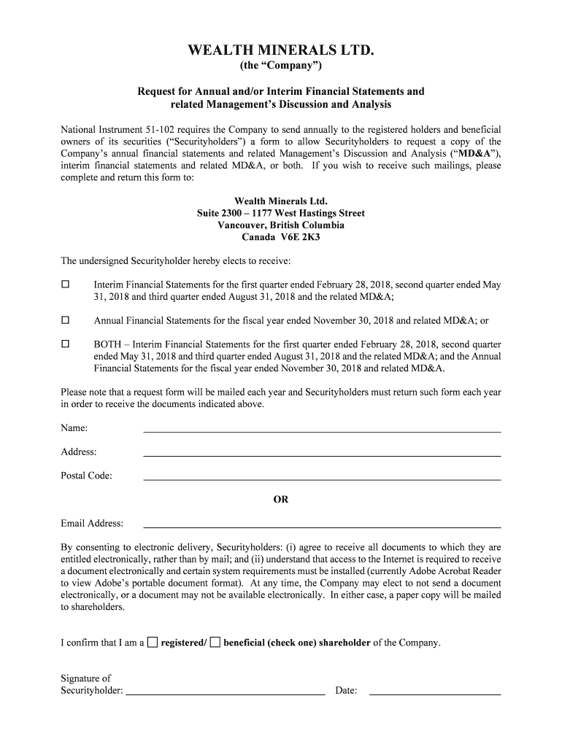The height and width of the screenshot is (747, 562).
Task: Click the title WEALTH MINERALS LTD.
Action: [x=281, y=50]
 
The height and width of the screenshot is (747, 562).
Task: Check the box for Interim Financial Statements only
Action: [x=66, y=283]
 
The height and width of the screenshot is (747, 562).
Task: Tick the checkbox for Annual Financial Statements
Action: [x=66, y=320]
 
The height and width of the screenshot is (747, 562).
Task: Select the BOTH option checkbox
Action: [x=66, y=344]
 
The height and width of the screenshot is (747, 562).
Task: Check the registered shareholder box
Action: [x=152, y=642]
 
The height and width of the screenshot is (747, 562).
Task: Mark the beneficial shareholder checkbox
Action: [x=215, y=642]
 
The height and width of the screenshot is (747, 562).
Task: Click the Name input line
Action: [x=322, y=430]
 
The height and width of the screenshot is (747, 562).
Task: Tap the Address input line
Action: [x=322, y=454]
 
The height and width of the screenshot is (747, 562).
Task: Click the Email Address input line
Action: [x=322, y=526]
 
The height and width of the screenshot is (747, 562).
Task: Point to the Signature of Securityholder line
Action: [x=226, y=694]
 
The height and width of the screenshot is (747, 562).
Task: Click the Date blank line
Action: [x=435, y=694]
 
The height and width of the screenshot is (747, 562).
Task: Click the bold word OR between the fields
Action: [x=281, y=500]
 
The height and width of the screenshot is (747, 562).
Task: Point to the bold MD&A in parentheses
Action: [x=474, y=154]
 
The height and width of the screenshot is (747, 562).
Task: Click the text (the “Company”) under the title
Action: [x=281, y=67]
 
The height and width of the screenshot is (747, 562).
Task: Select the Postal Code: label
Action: [x=86, y=476]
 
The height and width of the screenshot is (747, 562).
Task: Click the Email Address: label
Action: [x=92, y=523]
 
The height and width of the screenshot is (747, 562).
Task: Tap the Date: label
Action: [x=346, y=690]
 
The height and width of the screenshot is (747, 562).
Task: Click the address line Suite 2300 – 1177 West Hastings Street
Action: [x=281, y=213]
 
